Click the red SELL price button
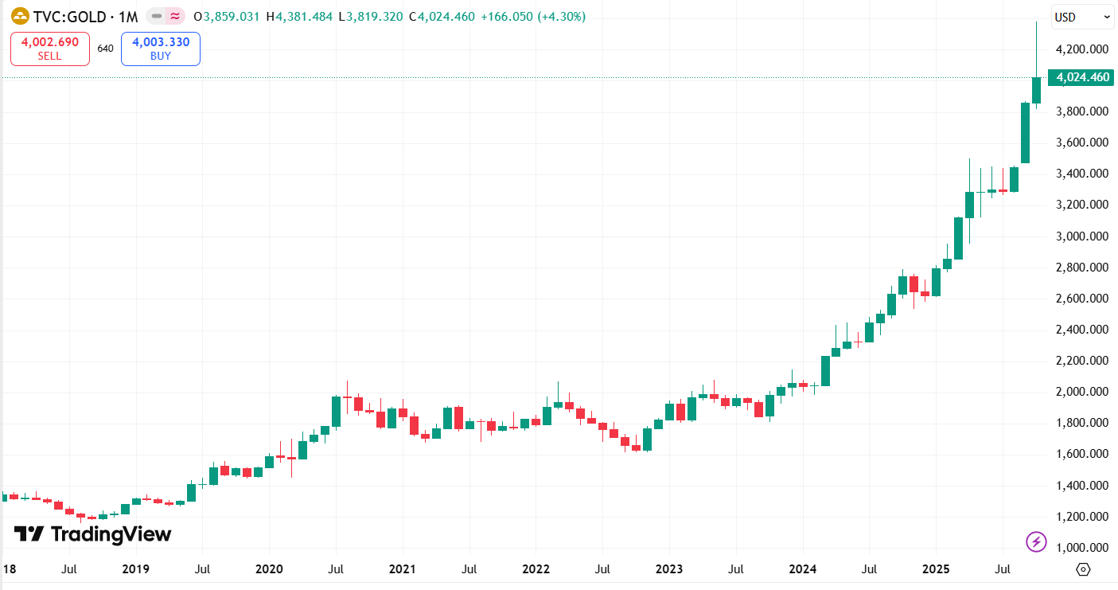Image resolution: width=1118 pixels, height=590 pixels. (x=49, y=49)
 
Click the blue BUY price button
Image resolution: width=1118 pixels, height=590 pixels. (x=160, y=49)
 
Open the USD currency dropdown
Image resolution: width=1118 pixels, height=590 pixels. (x=1083, y=17)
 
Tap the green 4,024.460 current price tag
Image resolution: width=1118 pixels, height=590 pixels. (x=1082, y=77)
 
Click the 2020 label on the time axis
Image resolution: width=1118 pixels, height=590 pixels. (x=269, y=570)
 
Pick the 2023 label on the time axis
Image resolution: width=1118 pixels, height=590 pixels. (x=669, y=570)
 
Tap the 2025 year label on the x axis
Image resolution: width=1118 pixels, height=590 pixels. (x=936, y=570)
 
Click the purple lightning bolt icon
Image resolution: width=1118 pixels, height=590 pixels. (x=1036, y=542)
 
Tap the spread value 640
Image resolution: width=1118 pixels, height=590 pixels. (x=105, y=49)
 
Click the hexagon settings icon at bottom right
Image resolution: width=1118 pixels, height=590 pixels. (x=1083, y=569)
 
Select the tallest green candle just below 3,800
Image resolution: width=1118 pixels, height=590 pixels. (x=1025, y=133)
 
